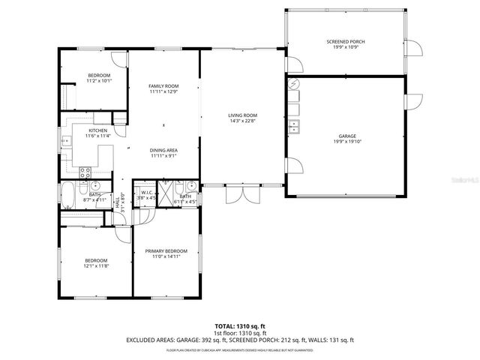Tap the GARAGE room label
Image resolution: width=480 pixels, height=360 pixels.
pyautogui.click(x=346, y=136)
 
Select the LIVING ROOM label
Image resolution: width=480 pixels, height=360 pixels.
pyautogui.click(x=243, y=115)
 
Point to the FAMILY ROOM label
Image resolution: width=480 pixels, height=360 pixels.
pyautogui.click(x=163, y=87)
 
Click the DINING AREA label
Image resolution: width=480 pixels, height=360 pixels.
pyautogui.click(x=163, y=150)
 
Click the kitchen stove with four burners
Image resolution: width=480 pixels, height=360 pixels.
pyautogui.click(x=85, y=172)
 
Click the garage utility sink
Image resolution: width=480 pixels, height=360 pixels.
pyautogui.click(x=295, y=124)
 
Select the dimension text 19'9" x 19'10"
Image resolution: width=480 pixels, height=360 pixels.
pyautogui.click(x=346, y=141)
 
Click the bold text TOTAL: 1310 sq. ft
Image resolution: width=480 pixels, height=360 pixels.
pyautogui.click(x=240, y=326)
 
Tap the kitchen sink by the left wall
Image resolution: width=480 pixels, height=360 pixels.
pyautogui.click(x=66, y=139)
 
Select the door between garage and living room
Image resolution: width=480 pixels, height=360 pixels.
pyautogui.click(x=292, y=166)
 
